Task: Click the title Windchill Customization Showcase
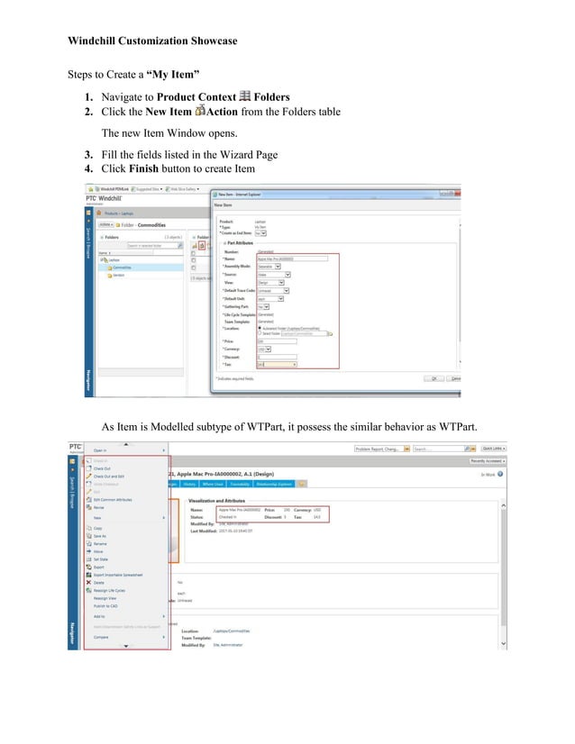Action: pyautogui.click(x=153, y=41)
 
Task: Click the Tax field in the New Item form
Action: pyautogui.click(x=277, y=364)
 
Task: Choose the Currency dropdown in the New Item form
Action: pyautogui.click(x=265, y=348)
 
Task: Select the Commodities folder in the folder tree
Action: pyautogui.click(x=122, y=268)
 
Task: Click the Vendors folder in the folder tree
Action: pyautogui.click(x=119, y=276)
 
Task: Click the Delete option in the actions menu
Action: pyautogui.click(x=99, y=582)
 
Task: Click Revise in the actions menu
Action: pyautogui.click(x=100, y=507)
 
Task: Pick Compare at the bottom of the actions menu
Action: pyautogui.click(x=103, y=637)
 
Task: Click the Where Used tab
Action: pyautogui.click(x=214, y=483)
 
